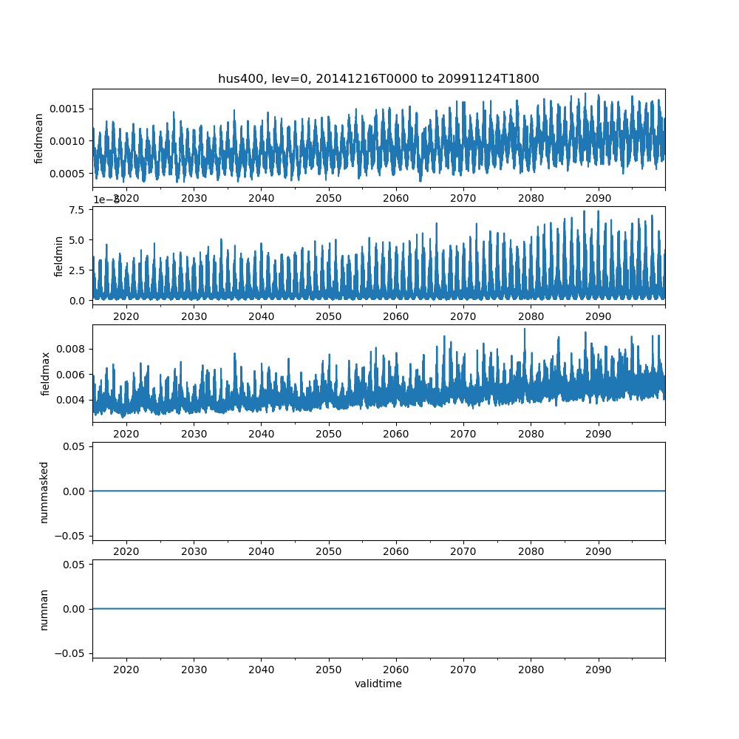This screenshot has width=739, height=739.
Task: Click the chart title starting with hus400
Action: [x=378, y=78]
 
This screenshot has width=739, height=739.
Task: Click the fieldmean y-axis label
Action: [x=39, y=139]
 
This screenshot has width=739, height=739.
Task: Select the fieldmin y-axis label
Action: [x=60, y=256]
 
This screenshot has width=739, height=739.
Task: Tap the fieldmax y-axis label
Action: [x=45, y=374]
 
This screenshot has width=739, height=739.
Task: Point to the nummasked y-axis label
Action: [x=44, y=491]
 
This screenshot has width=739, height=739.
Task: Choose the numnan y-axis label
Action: [x=44, y=609]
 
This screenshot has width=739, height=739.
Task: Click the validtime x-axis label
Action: [x=378, y=684]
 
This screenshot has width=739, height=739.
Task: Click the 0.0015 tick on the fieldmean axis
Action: [x=69, y=109]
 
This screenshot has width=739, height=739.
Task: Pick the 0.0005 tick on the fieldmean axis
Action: [x=69, y=174]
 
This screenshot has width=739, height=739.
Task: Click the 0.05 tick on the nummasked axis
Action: [x=76, y=447]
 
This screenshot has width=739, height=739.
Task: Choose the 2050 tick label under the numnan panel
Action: [x=329, y=670]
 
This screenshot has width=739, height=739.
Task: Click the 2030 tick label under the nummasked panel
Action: [x=194, y=552]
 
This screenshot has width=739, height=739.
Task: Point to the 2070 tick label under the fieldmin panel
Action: [x=463, y=316]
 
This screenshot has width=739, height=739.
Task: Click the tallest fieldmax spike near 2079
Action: [x=525, y=330]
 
